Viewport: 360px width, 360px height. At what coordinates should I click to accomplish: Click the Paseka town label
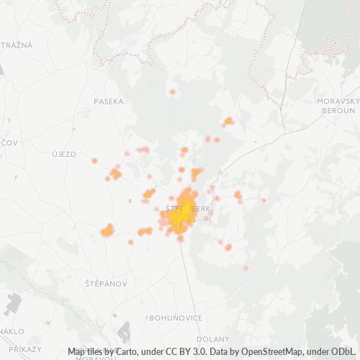point(109,102)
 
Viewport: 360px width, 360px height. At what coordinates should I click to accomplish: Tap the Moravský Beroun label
point(337,106)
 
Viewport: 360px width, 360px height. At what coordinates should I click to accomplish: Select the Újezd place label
point(63,154)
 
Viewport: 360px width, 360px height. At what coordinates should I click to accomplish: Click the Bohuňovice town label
point(171,317)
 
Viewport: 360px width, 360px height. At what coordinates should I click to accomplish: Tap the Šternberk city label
point(189,208)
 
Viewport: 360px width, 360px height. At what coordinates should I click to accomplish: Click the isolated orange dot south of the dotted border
point(172,92)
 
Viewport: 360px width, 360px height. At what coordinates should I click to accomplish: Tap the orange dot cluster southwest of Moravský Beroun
point(229,121)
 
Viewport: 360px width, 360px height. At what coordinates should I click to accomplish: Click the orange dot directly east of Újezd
point(94,161)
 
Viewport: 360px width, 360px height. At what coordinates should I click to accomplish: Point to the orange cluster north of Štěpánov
point(107,230)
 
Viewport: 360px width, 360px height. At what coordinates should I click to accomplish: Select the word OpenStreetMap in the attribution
point(266,351)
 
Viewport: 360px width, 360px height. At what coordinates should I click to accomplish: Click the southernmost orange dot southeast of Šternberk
point(246,268)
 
